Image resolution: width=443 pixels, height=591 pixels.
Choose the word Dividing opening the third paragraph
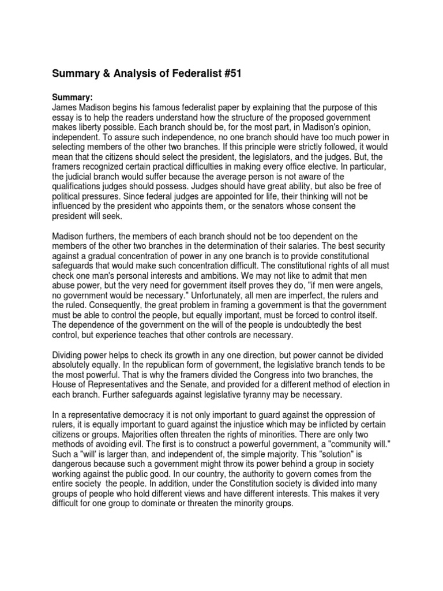tap(71, 356)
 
